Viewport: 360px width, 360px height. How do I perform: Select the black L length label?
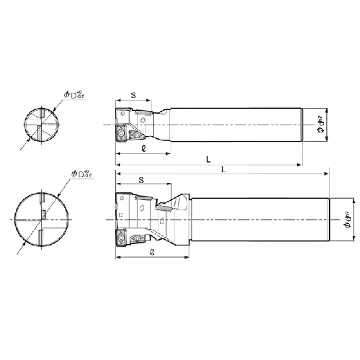(209, 162)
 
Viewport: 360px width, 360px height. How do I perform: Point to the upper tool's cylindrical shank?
(238, 127)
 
